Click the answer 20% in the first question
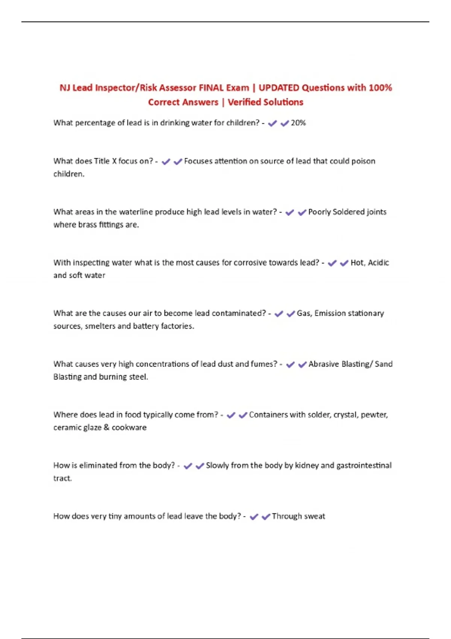(x=298, y=123)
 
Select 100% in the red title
(x=380, y=88)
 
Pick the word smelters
(x=100, y=326)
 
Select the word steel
(x=138, y=377)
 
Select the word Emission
(x=330, y=313)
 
